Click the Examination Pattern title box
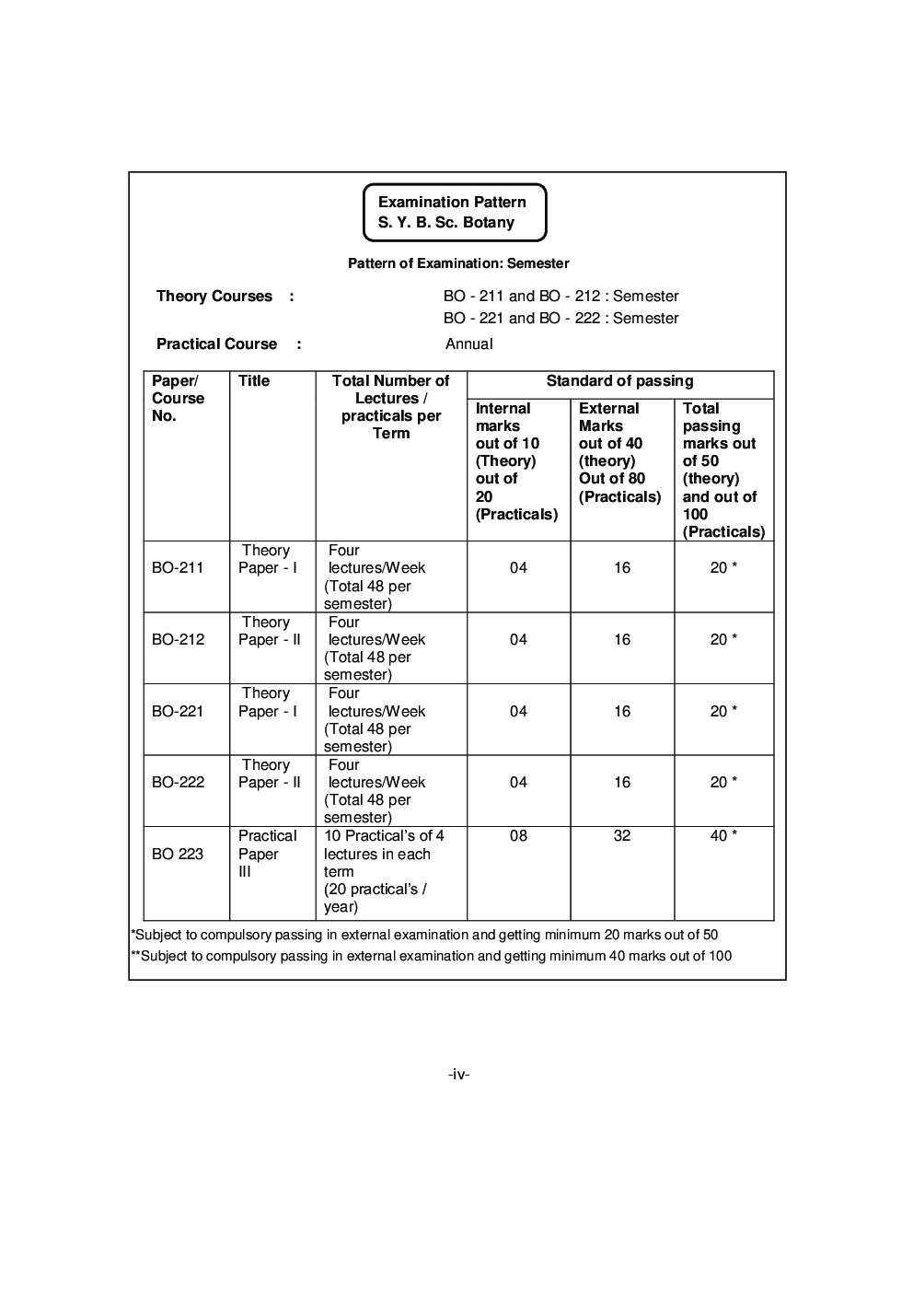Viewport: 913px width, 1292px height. tap(455, 213)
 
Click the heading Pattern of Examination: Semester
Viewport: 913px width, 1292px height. tap(458, 263)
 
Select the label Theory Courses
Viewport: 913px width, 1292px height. tap(214, 297)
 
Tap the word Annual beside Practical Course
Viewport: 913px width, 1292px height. tap(468, 344)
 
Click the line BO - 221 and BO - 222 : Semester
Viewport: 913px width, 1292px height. tap(561, 319)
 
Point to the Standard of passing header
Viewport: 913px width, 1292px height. tap(619, 381)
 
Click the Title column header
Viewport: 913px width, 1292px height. tap(254, 381)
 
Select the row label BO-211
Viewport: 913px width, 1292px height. tap(178, 568)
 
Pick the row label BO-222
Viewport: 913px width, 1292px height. tap(178, 783)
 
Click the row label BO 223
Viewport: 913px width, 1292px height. tap(178, 855)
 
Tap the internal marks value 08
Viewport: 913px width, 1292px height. tap(518, 836)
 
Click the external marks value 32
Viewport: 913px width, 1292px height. tap(622, 836)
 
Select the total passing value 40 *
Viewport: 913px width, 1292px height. tap(723, 836)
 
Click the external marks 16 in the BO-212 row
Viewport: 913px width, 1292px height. tap(622, 640)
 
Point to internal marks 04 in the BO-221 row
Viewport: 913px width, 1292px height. tap(518, 712)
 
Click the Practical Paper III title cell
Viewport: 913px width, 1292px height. tap(267, 854)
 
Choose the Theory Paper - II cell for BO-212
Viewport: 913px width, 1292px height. tap(269, 632)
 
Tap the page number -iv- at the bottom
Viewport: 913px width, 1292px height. tap(458, 1074)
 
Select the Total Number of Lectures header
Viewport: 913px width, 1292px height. tap(390, 407)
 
